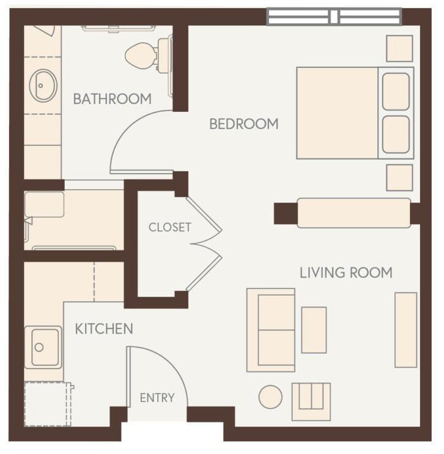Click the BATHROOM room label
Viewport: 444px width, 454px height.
coord(112,99)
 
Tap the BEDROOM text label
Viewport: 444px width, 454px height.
coord(243,124)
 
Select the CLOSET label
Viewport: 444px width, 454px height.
coord(169,227)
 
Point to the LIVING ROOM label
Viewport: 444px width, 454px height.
coord(346,272)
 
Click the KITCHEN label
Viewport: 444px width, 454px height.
coord(103,329)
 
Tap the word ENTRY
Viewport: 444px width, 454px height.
coord(157,398)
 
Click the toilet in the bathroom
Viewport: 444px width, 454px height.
coord(147,55)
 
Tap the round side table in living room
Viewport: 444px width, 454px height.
coord(270,396)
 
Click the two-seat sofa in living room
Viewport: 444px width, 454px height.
coord(272,329)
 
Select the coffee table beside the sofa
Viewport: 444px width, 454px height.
coord(314,330)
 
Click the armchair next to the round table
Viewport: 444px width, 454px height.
coord(311,401)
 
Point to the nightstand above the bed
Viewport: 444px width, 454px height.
coord(399,48)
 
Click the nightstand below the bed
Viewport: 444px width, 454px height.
coord(399,177)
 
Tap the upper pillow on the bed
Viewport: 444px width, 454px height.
coord(396,91)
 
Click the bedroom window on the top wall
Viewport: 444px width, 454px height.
coord(334,17)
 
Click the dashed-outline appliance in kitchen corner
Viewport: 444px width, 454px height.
coord(47,404)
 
